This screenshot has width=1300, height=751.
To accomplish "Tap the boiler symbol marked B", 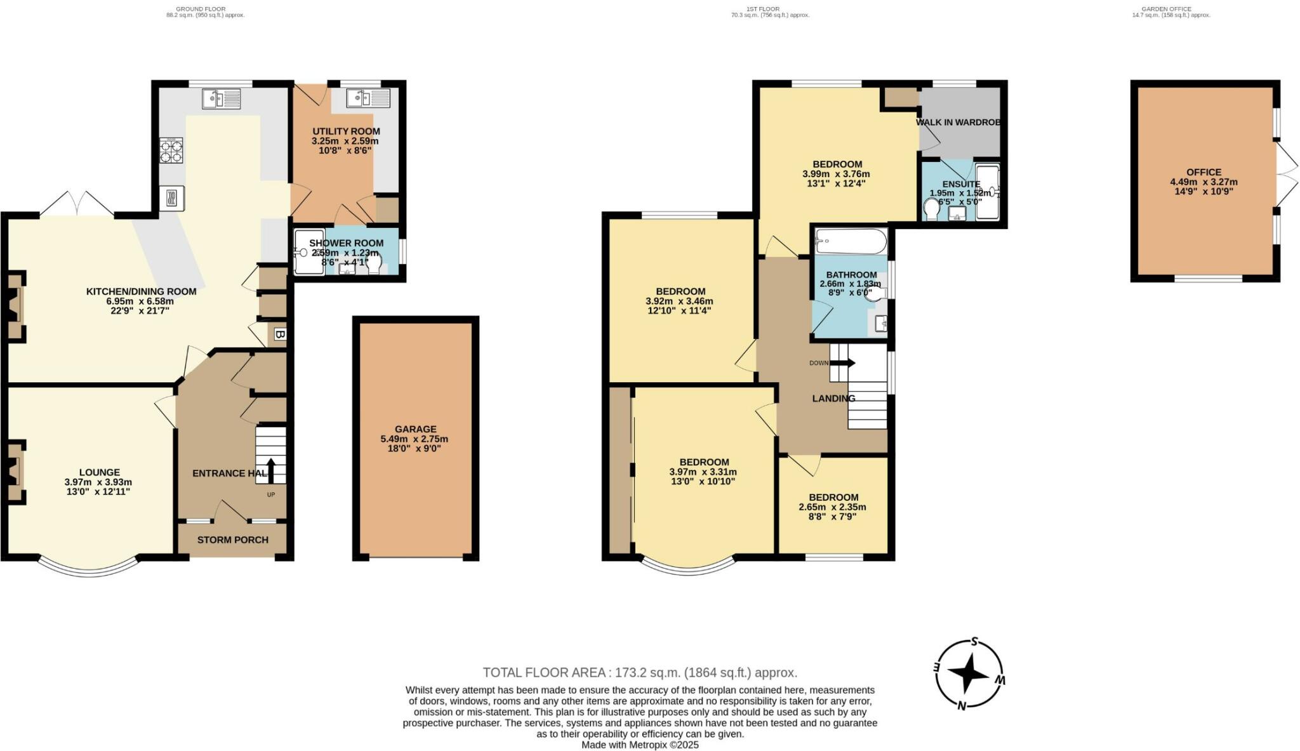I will tap(279, 334).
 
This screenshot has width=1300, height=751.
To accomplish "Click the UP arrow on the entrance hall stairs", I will tap(271, 471).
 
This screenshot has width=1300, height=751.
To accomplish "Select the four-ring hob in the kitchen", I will tap(171, 150).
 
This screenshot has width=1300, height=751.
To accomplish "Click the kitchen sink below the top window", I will tap(221, 99).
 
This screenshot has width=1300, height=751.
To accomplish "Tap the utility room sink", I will tap(368, 98).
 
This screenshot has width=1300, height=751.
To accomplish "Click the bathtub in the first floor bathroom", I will tap(851, 241).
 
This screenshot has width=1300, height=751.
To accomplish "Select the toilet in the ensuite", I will tap(932, 209).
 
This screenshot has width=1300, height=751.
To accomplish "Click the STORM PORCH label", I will tap(232, 540).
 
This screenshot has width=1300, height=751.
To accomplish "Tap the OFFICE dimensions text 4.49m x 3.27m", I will tap(1204, 182).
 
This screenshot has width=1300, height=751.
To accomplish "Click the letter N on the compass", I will tap(962, 706).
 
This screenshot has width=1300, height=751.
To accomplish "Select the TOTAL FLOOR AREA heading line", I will tap(639, 672).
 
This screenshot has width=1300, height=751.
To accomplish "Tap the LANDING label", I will tap(833, 399).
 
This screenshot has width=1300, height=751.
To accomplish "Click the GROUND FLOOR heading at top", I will tap(201, 9).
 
